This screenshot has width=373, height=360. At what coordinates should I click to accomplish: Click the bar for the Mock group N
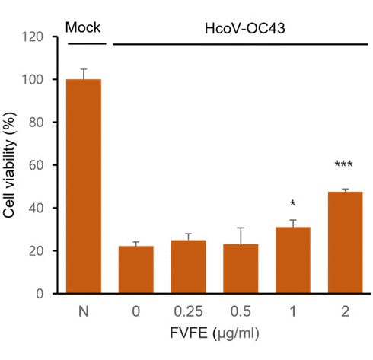click(84, 186)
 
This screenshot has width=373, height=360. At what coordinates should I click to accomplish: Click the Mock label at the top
click(83, 28)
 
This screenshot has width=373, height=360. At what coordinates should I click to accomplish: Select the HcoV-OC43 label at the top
click(240, 28)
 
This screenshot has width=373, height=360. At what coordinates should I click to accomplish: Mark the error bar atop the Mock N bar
click(84, 74)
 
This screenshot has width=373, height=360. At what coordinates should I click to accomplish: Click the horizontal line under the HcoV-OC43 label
click(239, 43)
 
